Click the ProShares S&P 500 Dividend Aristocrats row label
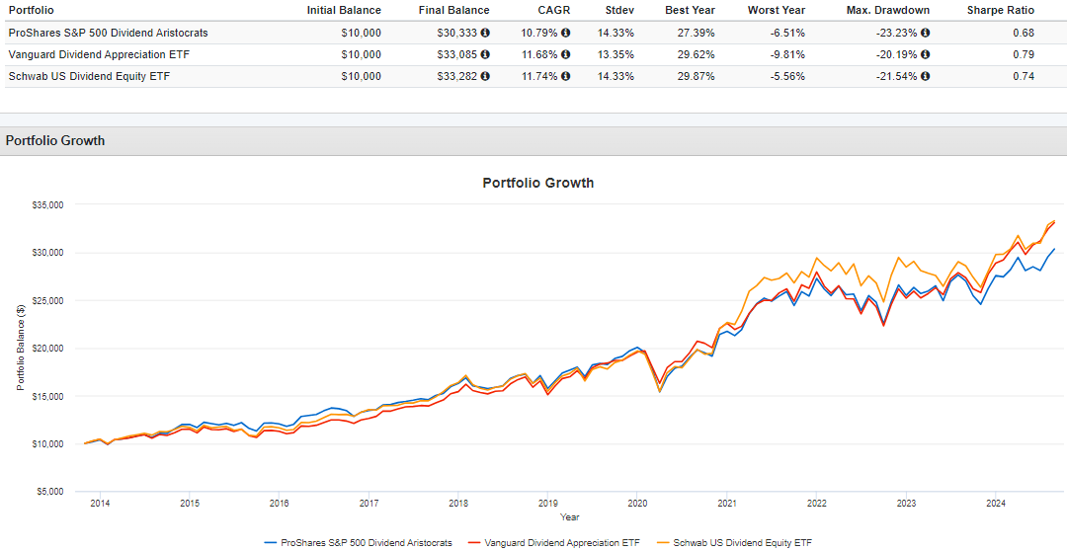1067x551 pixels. click(108, 33)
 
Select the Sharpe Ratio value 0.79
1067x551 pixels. click(1024, 54)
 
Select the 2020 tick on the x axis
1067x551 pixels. click(636, 504)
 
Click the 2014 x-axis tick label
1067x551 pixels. click(100, 504)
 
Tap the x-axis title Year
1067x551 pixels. click(569, 516)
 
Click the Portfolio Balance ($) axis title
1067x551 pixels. click(20, 349)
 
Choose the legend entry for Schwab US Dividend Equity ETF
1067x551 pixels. click(741, 542)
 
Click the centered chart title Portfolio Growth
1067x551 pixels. click(537, 183)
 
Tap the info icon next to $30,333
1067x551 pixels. click(485, 33)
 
